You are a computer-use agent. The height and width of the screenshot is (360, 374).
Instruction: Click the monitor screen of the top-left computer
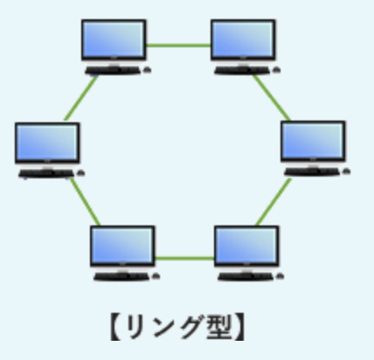tap(114, 40)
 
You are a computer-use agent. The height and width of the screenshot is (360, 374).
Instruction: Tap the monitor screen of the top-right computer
tap(243, 40)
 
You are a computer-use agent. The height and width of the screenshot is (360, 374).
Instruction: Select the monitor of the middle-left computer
tap(47, 142)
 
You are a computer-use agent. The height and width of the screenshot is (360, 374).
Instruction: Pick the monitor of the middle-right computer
tap(313, 141)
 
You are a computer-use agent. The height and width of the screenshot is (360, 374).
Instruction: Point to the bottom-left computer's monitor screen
tap(122, 246)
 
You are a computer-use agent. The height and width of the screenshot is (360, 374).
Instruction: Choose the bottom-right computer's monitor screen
tap(246, 246)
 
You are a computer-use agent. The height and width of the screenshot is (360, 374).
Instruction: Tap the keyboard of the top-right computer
tap(243, 71)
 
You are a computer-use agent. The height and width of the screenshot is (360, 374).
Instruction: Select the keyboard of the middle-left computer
tap(46, 174)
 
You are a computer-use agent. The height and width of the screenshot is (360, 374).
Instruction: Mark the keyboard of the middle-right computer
tap(313, 172)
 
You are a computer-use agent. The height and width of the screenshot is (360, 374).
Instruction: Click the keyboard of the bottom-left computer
tap(121, 277)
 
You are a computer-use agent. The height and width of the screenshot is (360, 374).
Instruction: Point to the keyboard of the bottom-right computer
tap(246, 277)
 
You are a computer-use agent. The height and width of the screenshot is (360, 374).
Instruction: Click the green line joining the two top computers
tap(178, 45)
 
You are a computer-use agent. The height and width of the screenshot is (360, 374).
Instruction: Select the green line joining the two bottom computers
tap(184, 258)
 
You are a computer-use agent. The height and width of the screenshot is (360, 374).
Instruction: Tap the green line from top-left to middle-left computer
tap(81, 99)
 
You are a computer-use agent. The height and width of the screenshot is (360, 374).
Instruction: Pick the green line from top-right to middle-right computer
tap(272, 98)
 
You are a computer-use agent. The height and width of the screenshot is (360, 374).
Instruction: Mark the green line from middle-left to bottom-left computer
tap(85, 202)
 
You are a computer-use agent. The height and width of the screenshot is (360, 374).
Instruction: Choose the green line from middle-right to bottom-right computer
tap(274, 202)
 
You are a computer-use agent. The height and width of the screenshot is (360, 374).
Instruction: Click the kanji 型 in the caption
tap(219, 327)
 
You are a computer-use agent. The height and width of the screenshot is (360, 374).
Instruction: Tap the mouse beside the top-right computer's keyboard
tap(277, 70)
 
